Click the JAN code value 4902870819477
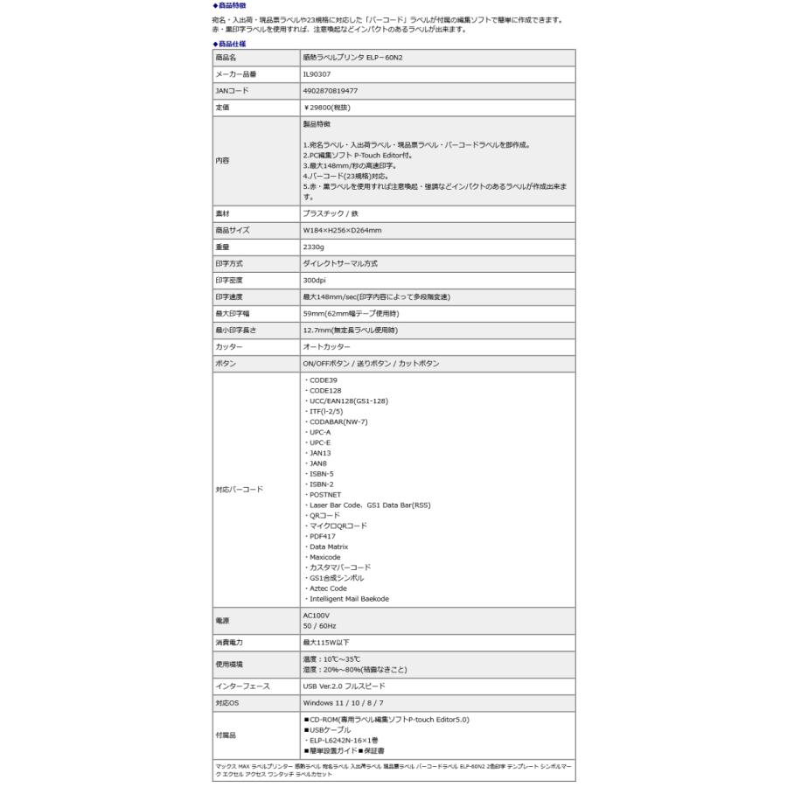point(330,91)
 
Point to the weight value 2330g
point(315,247)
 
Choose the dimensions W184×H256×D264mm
point(343,231)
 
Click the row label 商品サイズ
point(233,231)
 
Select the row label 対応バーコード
point(239,490)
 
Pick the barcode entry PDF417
point(321,536)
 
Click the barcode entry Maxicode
point(324,557)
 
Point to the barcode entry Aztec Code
point(327,589)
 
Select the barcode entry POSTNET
point(324,494)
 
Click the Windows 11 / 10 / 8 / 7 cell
point(344,703)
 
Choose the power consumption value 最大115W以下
point(326,643)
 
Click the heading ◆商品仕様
point(229,43)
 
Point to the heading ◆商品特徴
point(229,5)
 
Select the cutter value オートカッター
point(327,347)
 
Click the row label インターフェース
point(242,686)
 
